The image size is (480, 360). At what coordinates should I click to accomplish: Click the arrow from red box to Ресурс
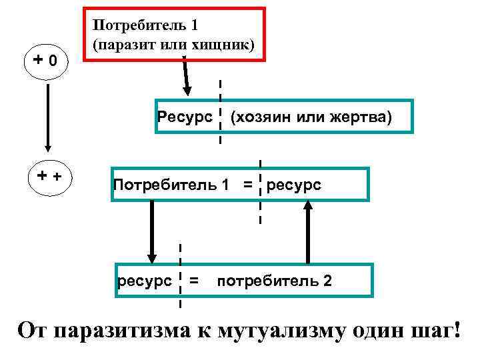[186, 75]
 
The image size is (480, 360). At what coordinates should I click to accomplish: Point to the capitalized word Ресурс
[184, 117]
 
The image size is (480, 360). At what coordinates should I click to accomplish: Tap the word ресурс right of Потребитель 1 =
[293, 184]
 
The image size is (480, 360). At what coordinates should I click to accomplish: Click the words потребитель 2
[273, 281]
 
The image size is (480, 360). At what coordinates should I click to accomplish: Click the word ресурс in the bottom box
[143, 281]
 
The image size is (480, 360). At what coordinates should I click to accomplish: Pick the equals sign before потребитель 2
[194, 281]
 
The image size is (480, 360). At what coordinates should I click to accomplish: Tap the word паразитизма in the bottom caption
[123, 331]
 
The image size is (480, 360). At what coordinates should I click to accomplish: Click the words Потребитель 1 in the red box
[144, 27]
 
